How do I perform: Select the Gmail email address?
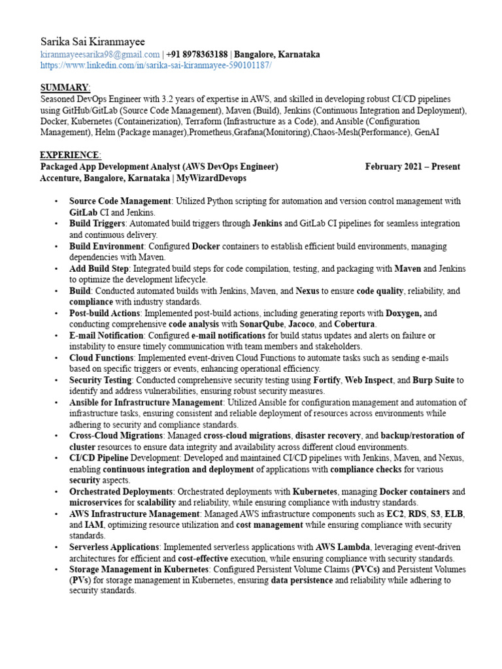point(100,55)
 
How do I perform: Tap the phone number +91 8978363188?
point(197,55)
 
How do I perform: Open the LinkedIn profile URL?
point(156,66)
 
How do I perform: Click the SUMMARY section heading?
point(65,88)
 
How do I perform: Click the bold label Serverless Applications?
point(114,546)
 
